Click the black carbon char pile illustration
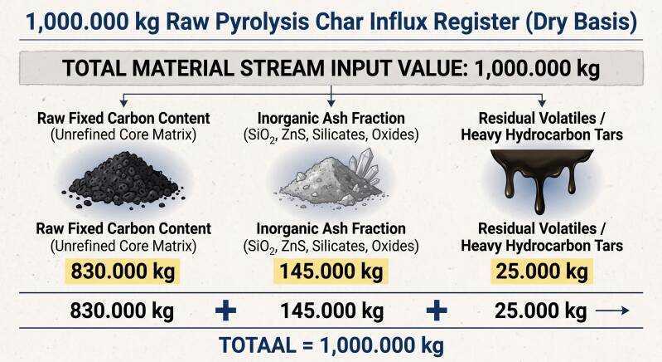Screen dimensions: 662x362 (123, 179)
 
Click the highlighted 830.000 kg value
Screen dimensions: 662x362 (123, 271)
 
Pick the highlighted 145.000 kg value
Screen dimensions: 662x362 (331, 271)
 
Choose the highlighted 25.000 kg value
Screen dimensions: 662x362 (542, 271)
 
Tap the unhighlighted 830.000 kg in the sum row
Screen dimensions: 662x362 (122, 311)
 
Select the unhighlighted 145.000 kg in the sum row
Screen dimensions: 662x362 (332, 311)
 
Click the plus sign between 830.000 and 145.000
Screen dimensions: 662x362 (226, 311)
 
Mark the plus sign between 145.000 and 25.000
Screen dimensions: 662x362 (437, 311)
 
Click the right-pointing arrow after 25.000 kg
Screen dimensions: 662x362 (612, 311)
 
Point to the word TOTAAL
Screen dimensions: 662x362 (258, 345)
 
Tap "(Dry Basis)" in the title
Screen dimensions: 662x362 (582, 22)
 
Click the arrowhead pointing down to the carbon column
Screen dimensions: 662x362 (123, 103)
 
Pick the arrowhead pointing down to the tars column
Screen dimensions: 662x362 (542, 103)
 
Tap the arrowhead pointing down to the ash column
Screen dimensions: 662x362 (331, 103)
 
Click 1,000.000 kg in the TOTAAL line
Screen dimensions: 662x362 (382, 345)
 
